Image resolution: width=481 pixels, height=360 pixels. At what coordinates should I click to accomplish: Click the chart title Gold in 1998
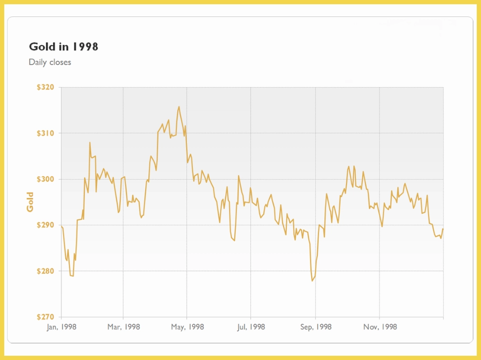(x=64, y=47)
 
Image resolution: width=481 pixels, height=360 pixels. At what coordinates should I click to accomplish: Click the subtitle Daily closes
(x=50, y=62)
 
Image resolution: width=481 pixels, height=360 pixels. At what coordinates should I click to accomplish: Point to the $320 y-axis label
(x=45, y=87)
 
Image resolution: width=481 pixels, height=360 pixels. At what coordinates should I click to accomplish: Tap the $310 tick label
(x=45, y=133)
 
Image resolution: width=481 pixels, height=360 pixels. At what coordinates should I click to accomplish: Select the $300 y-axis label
(x=45, y=180)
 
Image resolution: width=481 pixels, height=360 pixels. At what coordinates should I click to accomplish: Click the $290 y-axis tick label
(x=45, y=225)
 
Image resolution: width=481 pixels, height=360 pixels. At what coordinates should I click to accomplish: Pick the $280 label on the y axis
(x=45, y=271)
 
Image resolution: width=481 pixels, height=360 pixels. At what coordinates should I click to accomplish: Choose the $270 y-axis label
(x=45, y=317)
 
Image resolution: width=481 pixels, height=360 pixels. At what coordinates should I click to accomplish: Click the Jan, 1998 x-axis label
(x=62, y=327)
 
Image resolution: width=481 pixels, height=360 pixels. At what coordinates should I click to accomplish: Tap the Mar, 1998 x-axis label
(x=124, y=327)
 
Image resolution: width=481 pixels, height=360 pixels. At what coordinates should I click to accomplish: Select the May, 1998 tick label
(x=187, y=327)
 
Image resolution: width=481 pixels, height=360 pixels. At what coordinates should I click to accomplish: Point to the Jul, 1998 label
(x=251, y=327)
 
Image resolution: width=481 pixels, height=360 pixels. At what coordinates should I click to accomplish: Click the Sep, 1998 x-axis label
(x=316, y=327)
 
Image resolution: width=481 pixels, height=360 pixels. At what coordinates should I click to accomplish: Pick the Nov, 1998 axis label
(x=380, y=327)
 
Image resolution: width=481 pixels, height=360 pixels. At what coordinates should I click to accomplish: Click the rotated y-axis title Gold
(x=30, y=202)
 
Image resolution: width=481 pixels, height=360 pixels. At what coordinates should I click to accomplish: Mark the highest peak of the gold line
(x=179, y=106)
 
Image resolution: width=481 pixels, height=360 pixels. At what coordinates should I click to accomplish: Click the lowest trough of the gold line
(x=312, y=281)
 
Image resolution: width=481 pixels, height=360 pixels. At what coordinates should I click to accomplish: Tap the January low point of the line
(x=73, y=276)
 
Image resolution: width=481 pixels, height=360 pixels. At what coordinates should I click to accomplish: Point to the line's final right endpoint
(x=443, y=229)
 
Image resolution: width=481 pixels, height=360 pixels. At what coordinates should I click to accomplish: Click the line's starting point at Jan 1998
(x=62, y=227)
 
